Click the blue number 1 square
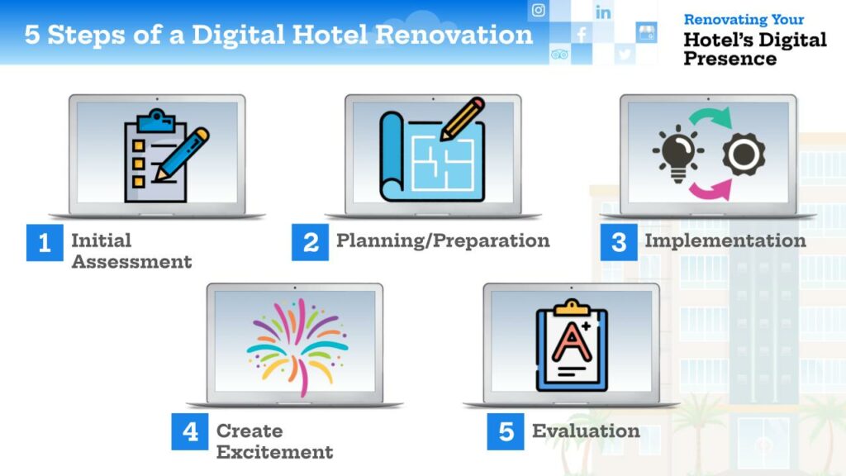point(45,242)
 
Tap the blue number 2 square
point(311,242)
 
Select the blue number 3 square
point(619,242)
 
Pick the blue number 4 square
point(190,431)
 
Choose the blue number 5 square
point(506,431)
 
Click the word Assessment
point(131,262)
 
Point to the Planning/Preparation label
point(443,240)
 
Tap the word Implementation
point(725,240)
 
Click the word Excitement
point(274,452)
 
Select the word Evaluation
point(586,431)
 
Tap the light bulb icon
point(677,154)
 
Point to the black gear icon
point(744,155)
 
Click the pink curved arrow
point(710,190)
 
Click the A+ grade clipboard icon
point(572,345)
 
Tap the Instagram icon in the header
point(538,10)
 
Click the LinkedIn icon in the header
point(603,12)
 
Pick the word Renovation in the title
point(454,35)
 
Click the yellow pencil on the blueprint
point(462,119)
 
